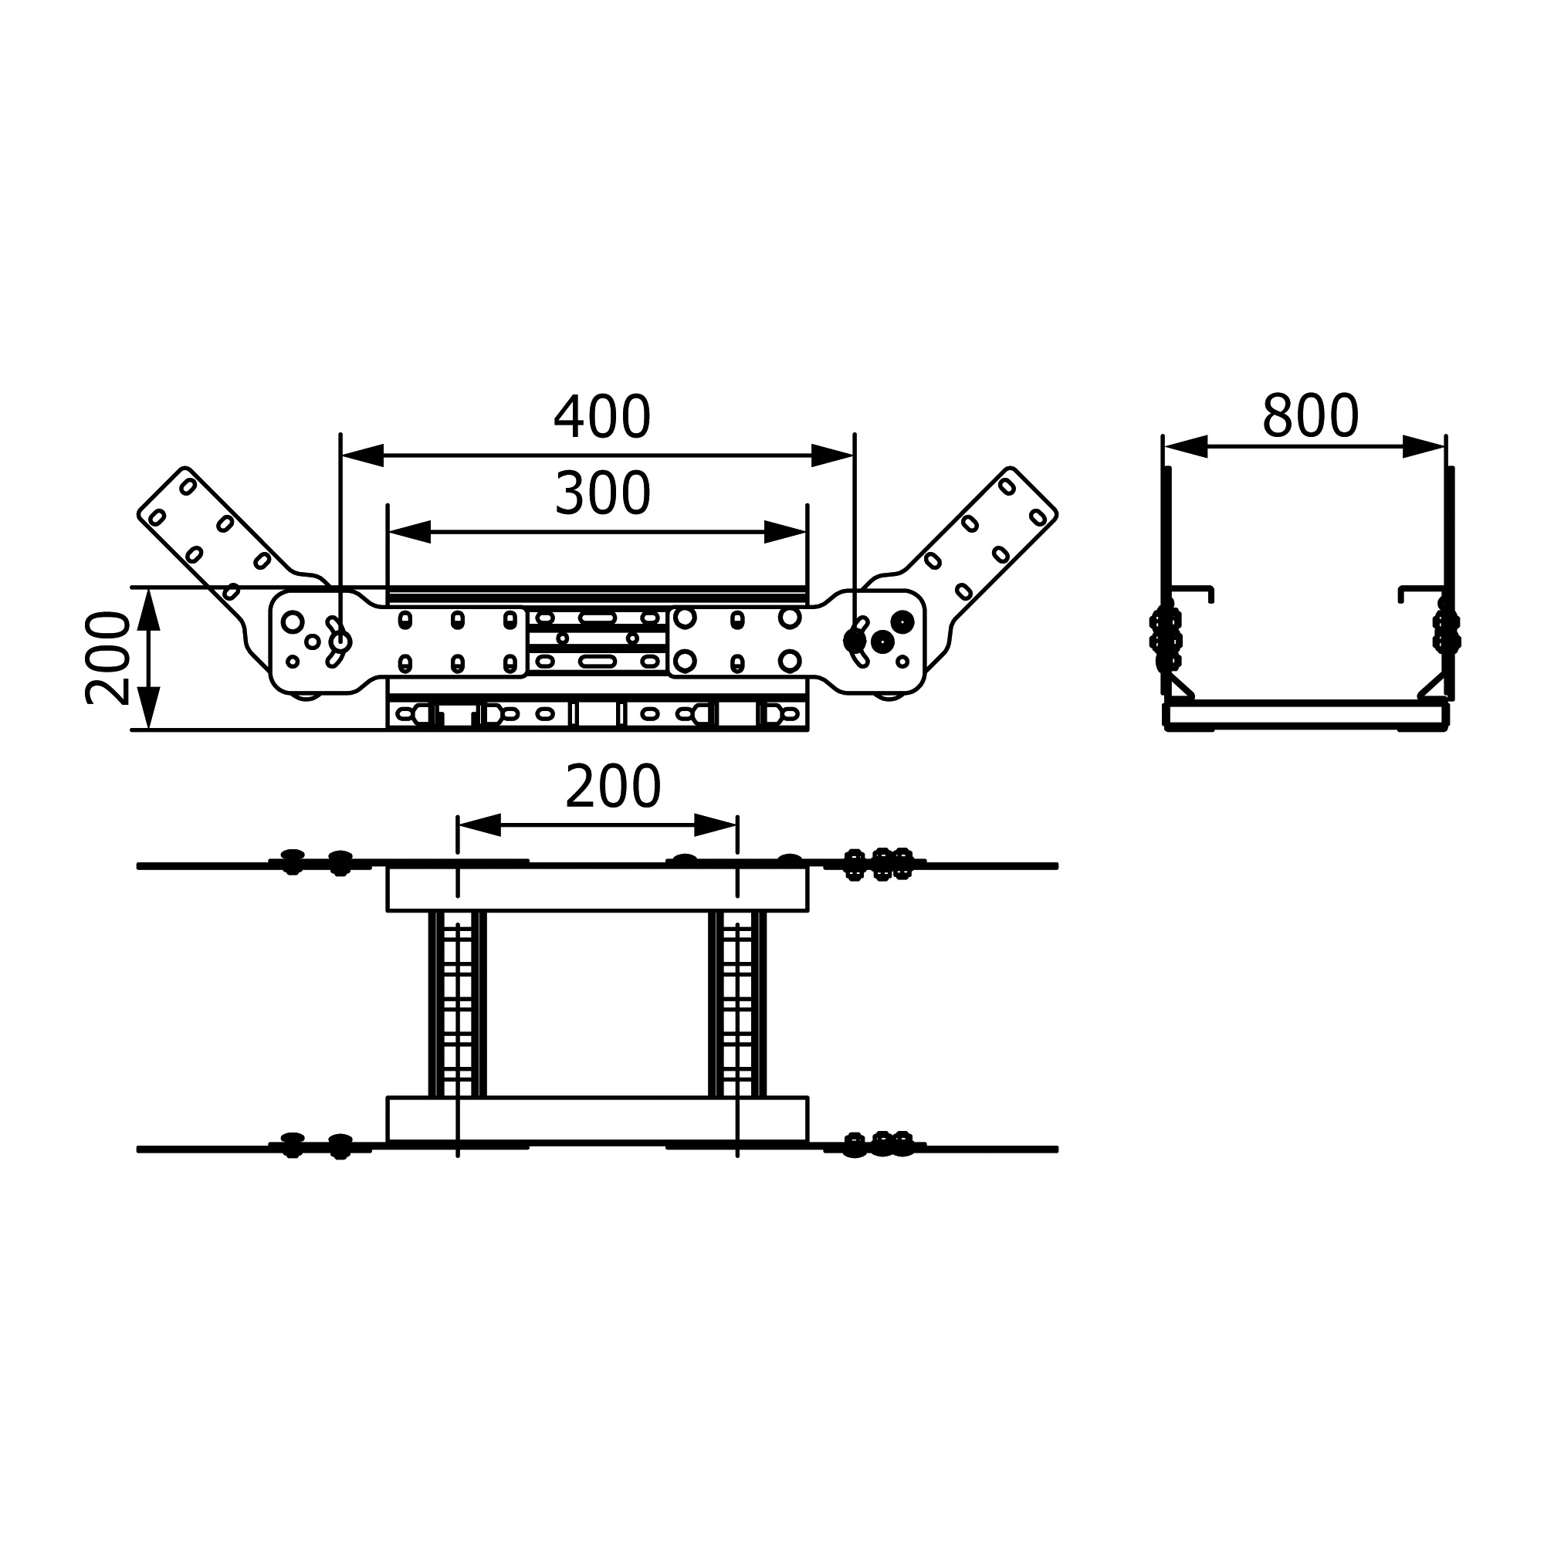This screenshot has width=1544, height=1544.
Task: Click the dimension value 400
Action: (603, 417)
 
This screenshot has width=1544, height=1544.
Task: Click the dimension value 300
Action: (603, 494)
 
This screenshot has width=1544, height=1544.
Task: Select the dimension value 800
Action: (1310, 416)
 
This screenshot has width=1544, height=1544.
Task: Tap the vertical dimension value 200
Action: (107, 658)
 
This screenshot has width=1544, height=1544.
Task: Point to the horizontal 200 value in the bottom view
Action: (613, 787)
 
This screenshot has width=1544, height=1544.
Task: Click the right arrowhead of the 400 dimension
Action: (833, 455)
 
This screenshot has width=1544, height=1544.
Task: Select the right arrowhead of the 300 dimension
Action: (786, 532)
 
